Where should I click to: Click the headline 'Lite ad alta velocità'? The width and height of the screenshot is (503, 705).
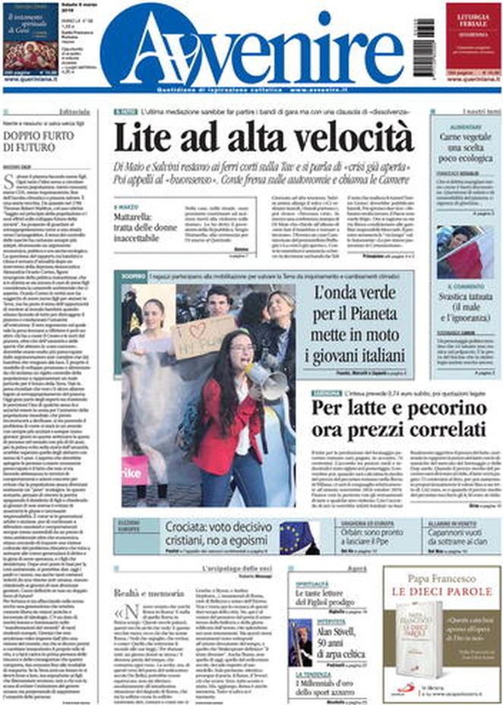264,137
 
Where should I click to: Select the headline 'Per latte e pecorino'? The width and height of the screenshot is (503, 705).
398,418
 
